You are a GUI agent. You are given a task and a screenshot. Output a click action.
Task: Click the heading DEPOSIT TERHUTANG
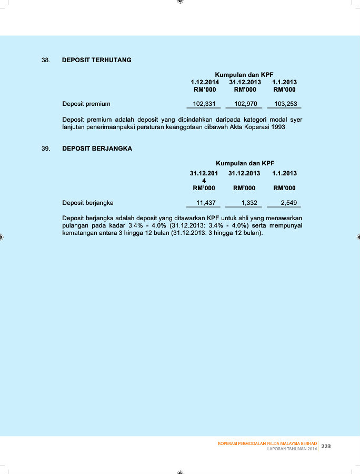[x=96, y=60]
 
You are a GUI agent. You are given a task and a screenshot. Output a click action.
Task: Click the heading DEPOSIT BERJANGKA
[x=97, y=149]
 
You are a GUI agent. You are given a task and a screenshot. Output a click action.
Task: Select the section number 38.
[x=46, y=60]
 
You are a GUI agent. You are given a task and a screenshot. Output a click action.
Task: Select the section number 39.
[x=46, y=149]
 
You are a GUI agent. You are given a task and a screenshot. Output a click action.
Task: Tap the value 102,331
[x=205, y=104]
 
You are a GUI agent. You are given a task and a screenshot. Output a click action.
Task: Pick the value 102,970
[x=246, y=104]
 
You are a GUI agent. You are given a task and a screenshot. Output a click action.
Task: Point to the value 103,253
[x=286, y=104]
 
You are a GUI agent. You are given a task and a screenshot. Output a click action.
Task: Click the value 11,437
[x=206, y=203]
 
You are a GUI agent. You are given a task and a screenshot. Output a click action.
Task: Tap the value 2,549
[x=289, y=203]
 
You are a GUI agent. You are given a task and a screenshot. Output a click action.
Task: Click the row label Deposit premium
[x=86, y=104]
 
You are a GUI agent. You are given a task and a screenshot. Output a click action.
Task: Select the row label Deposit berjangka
[x=88, y=203]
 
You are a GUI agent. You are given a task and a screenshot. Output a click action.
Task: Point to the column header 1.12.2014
[x=205, y=82]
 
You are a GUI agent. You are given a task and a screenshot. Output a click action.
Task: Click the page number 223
[x=326, y=446]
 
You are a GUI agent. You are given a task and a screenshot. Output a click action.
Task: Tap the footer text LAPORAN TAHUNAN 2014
[x=292, y=449]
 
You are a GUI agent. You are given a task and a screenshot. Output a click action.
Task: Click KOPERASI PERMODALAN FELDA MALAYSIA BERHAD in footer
[x=267, y=443]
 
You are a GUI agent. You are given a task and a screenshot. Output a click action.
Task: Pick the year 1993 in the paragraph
[x=278, y=127]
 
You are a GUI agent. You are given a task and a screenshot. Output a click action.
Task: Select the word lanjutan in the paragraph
[x=75, y=127]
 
